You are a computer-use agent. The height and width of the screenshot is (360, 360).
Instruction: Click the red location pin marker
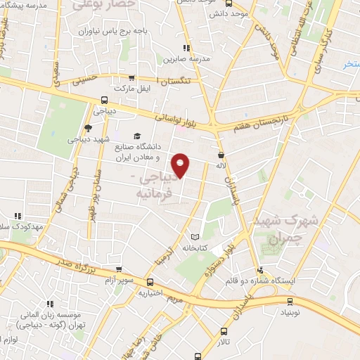click(181, 165)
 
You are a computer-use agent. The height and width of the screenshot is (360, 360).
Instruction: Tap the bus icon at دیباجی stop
click(104, 99)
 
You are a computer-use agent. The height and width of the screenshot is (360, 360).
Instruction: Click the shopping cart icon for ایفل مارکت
click(131, 78)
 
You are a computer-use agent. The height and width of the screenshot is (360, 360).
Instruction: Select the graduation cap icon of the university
click(137, 136)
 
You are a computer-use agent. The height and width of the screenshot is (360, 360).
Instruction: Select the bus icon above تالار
click(224, 331)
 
